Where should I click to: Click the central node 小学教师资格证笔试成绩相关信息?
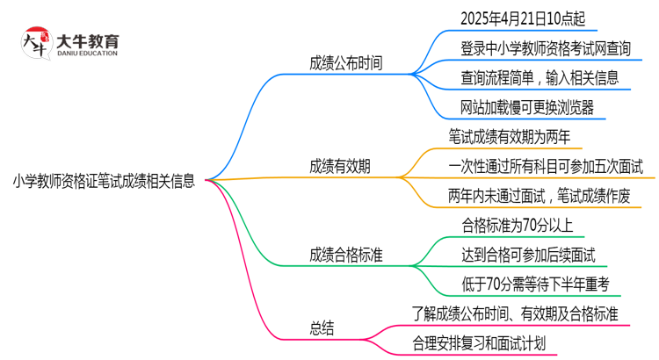pyautogui.click(x=104, y=181)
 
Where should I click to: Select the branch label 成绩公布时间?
pyautogui.click(x=346, y=63)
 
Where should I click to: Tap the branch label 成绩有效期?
pyautogui.click(x=339, y=166)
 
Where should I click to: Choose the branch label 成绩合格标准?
pyautogui.click(x=346, y=255)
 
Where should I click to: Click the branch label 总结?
pyautogui.click(x=322, y=328)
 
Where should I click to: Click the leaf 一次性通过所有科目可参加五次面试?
pyautogui.click(x=546, y=166)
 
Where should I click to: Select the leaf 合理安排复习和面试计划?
pyautogui.click(x=479, y=343)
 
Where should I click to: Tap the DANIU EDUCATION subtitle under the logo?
pyautogui.click(x=87, y=54)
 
